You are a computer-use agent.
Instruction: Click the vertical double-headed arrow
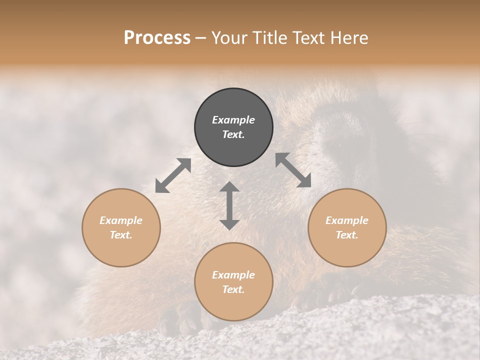tap(229, 205)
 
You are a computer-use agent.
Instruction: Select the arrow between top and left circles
tap(173, 175)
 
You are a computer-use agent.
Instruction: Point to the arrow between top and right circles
tap(293, 170)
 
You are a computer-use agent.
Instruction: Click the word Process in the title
tap(157, 37)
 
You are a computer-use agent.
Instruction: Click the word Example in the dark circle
tap(233, 120)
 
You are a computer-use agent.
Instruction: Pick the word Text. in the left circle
tap(121, 235)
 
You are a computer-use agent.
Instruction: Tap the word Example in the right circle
tap(347, 220)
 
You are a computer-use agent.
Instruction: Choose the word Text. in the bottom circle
tap(233, 289)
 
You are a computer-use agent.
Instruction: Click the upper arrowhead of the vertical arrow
tap(229, 187)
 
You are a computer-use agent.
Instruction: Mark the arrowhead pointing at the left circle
tap(161, 187)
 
